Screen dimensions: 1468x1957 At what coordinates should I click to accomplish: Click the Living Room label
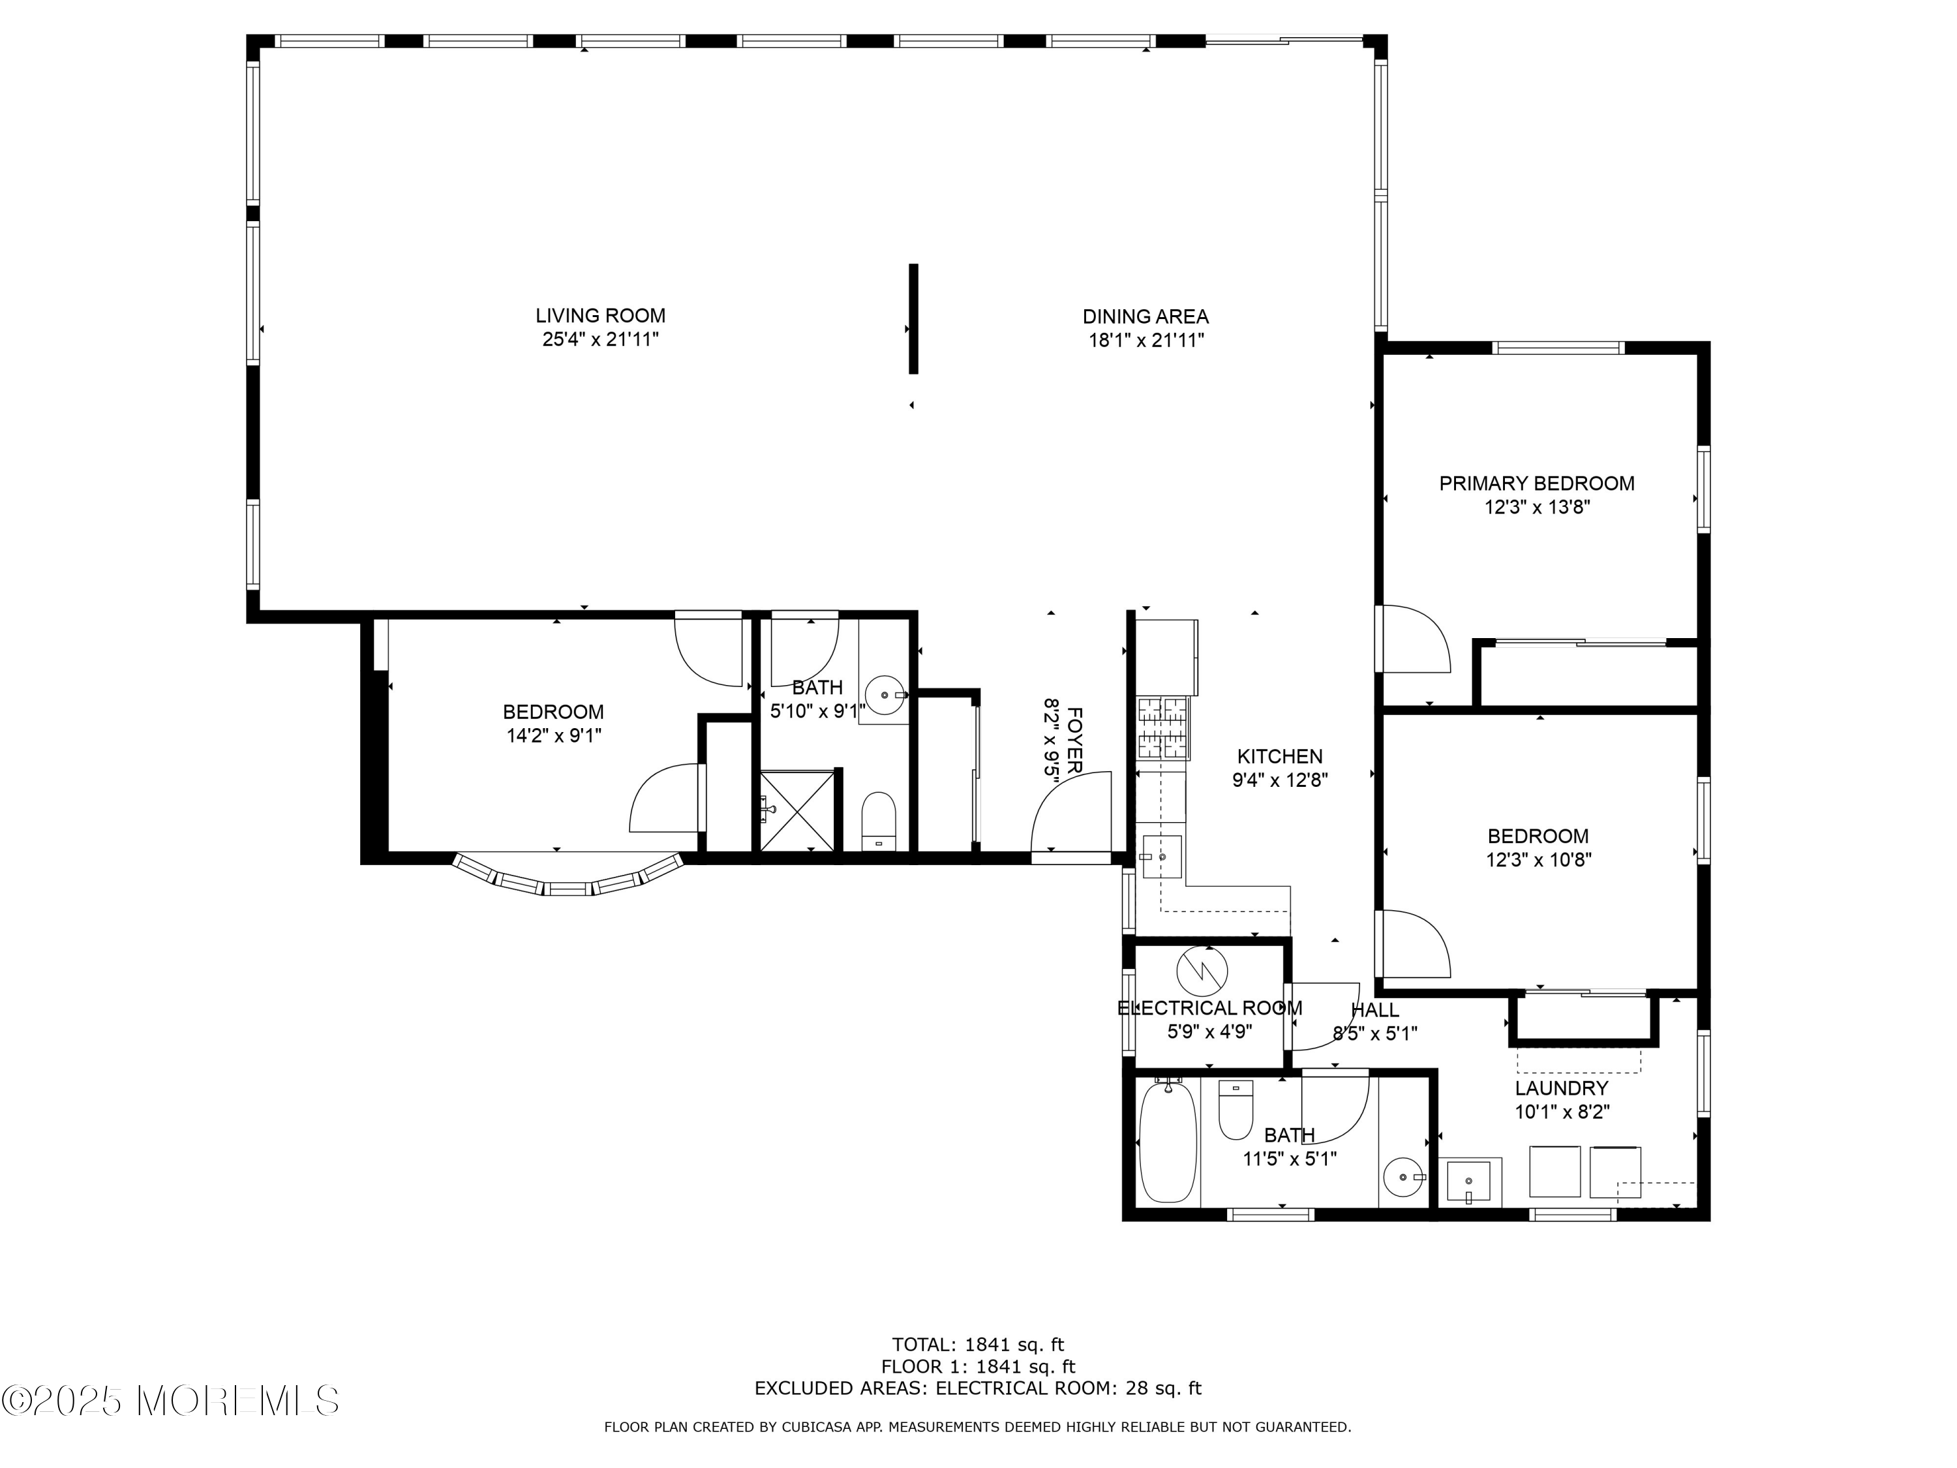point(600,316)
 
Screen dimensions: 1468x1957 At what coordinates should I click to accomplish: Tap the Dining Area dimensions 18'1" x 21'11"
point(1145,341)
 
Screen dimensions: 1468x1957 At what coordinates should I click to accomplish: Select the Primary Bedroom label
point(1536,484)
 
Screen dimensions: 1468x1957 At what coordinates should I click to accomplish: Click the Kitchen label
point(1279,757)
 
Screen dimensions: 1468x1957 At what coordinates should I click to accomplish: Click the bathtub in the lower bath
point(1168,1142)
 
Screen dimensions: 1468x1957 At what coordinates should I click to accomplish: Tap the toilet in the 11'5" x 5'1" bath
point(1235,1110)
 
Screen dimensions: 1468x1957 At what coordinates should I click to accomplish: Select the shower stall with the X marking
point(796,810)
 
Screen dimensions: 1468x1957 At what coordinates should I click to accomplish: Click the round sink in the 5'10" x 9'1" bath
point(884,696)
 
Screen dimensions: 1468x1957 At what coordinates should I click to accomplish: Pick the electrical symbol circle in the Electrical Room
point(1202,971)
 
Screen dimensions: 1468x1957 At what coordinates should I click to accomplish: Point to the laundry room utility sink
point(1468,1182)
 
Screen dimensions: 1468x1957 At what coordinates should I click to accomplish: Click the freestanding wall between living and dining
point(914,318)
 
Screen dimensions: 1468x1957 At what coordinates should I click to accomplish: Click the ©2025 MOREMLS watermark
point(171,1400)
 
